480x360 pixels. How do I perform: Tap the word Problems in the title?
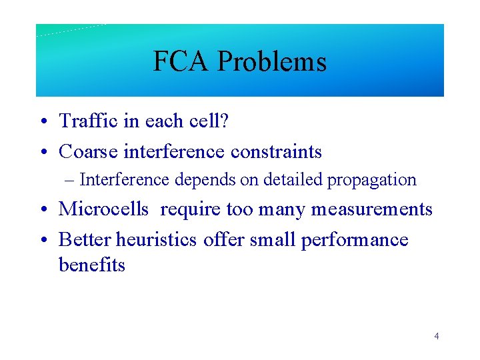pos(271,62)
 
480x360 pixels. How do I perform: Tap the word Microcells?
pos(103,209)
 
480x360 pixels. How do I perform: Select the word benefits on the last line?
pos(92,265)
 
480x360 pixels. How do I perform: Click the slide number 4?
pos(436,336)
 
